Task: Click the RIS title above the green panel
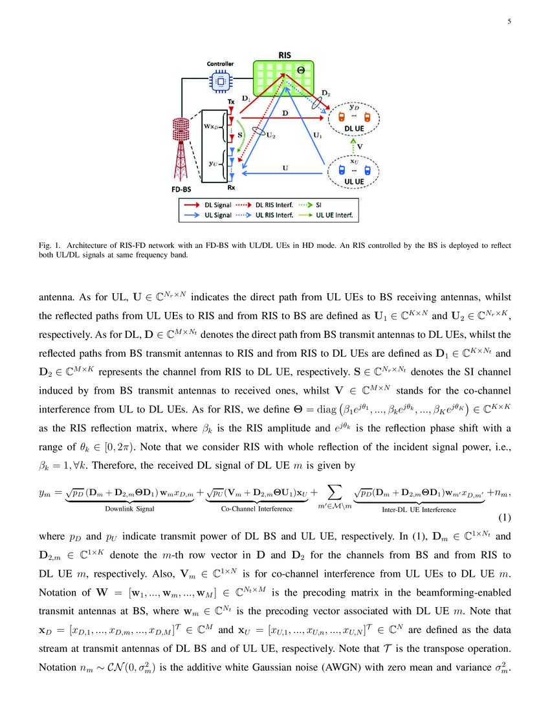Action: [x=284, y=56]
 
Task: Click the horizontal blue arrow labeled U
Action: [x=285, y=172]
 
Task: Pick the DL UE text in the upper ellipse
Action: [x=353, y=129]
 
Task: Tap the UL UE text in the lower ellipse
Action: [x=353, y=181]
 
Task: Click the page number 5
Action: [x=509, y=21]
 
